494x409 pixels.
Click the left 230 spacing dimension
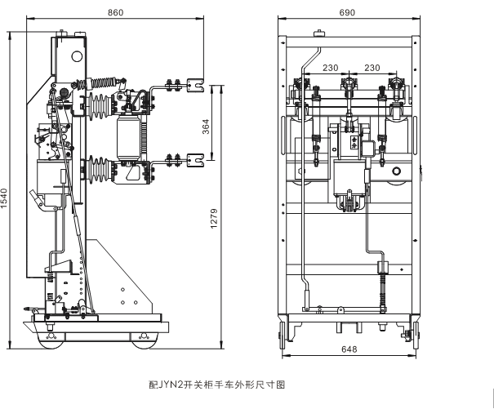point(329,68)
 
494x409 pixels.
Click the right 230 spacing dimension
point(372,68)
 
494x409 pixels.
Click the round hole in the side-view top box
point(78,57)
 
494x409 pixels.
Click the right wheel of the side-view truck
point(145,336)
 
